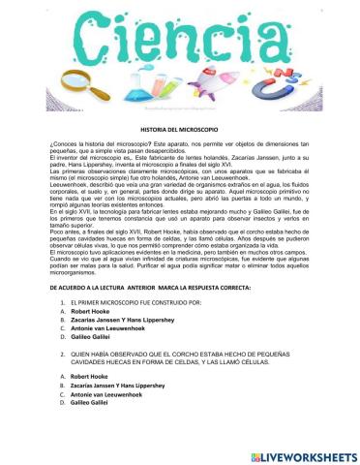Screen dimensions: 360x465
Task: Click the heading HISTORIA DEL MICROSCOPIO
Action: [180, 128]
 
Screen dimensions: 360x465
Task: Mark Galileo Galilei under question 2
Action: [92, 429]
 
